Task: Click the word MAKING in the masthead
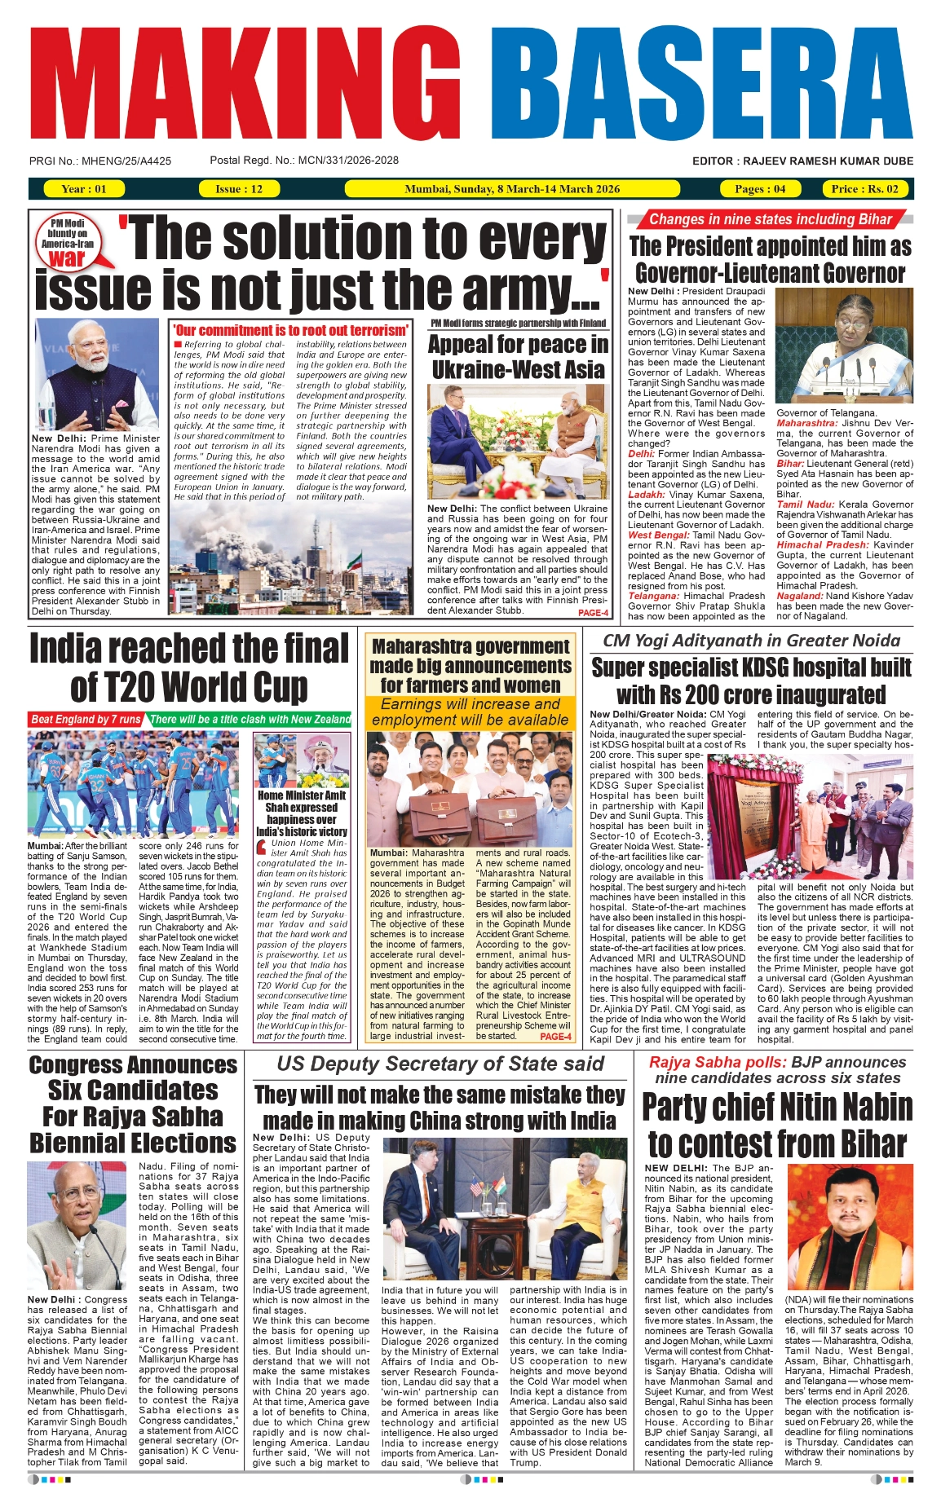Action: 235,86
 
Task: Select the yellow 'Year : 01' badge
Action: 83,189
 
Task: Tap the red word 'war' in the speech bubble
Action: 67,258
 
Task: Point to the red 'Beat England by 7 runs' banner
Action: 86,719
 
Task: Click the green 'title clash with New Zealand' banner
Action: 250,719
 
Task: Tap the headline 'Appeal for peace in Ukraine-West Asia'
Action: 518,357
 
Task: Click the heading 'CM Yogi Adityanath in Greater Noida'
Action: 751,641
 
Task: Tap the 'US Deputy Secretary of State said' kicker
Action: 440,1064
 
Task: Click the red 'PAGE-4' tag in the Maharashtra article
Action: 555,1037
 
